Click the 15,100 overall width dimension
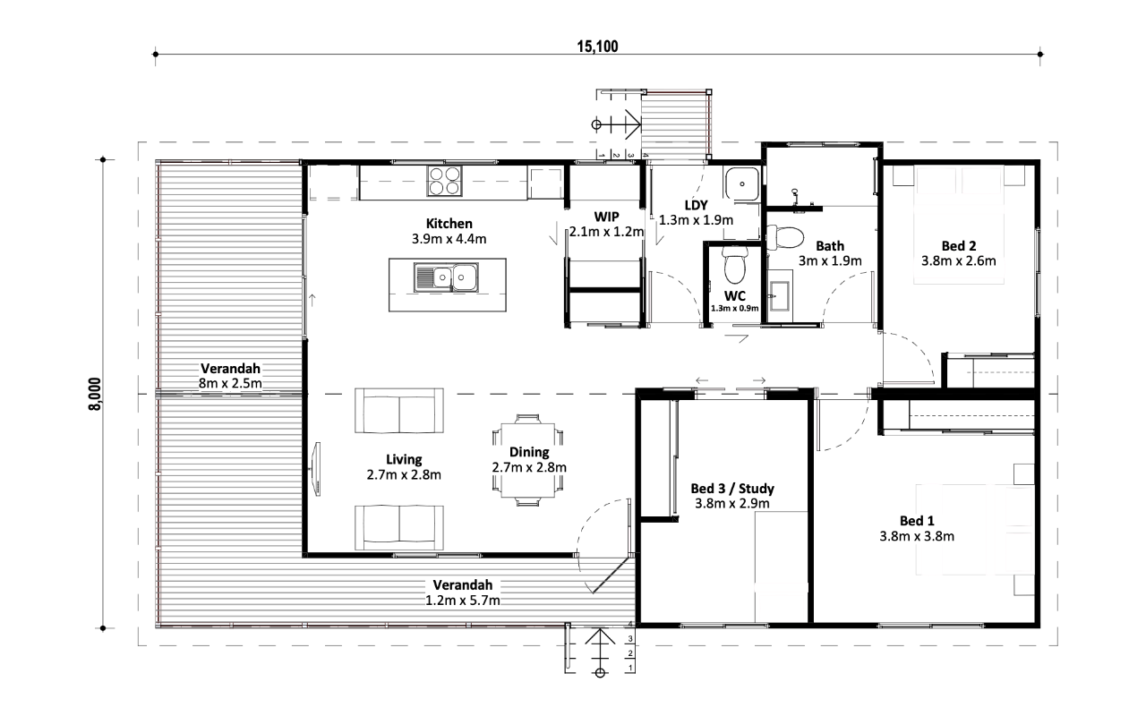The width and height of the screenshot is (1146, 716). [x=597, y=47]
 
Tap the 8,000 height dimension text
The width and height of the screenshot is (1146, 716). [x=95, y=394]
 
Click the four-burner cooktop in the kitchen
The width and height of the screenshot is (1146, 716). [x=444, y=181]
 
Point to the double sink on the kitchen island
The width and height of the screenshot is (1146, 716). [x=446, y=277]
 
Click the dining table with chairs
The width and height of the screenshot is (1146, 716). [x=528, y=460]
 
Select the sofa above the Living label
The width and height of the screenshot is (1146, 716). [x=399, y=411]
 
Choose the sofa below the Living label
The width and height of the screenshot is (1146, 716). [x=399, y=528]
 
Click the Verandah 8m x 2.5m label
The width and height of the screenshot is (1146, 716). [x=230, y=376]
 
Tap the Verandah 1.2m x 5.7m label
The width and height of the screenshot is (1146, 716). [x=463, y=592]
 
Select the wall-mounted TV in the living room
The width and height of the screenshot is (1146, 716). [x=317, y=469]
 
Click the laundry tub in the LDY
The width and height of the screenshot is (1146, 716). [x=742, y=183]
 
